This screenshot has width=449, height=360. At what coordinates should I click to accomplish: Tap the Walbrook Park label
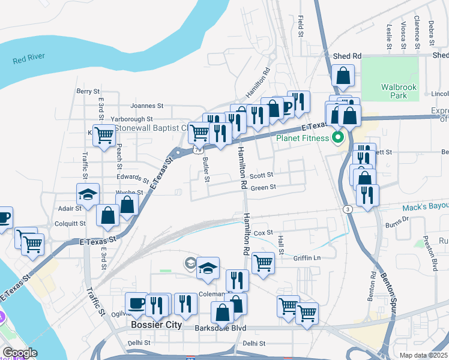coord(399,91)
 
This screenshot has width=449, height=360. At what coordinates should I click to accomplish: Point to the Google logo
coord(19,353)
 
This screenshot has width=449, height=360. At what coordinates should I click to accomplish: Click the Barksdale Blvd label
coord(221,328)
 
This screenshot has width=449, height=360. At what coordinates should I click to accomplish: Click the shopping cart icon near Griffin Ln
coord(263,262)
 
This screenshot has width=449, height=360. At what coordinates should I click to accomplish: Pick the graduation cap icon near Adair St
coord(87,194)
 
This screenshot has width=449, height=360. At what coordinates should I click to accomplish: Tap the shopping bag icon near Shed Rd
coord(343,76)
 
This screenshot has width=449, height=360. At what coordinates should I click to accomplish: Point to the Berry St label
coord(88,91)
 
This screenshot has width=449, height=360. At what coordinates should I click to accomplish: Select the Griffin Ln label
coord(307,259)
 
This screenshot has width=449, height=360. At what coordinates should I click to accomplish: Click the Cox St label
coord(263,232)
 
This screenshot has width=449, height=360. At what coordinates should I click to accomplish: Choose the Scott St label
coord(262,175)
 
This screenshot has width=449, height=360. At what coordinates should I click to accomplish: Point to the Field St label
coord(301,27)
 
